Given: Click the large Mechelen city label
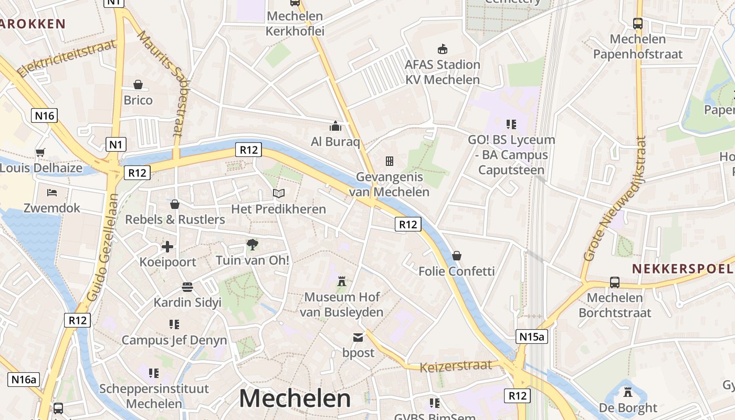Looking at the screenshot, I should point(295,398).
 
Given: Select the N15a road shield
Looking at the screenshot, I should point(532,337).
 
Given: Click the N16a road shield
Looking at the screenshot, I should point(24,379).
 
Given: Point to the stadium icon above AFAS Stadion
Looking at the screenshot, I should point(443,49).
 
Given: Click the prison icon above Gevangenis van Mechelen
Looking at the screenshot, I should point(390,161).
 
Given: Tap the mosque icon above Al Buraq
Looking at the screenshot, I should point(335,126).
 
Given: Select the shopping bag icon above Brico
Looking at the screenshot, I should point(138,85).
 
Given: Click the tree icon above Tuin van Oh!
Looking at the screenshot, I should point(253,244).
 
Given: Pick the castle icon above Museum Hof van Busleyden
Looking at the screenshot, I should point(342,281).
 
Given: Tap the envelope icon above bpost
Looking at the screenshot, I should point(358,337).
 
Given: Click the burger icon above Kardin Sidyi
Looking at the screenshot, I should point(187,287).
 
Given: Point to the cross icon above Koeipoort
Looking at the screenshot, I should point(167,246).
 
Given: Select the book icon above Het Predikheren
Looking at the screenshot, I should point(279,193).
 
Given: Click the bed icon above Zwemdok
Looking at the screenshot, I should point(51,193).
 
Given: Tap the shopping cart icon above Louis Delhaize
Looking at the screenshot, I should point(40,153).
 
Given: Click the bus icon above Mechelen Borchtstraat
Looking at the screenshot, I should point(615,282).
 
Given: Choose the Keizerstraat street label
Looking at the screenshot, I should point(456,365).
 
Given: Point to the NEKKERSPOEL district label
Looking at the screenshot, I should point(681,269).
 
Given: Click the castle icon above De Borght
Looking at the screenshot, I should point(627,392).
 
